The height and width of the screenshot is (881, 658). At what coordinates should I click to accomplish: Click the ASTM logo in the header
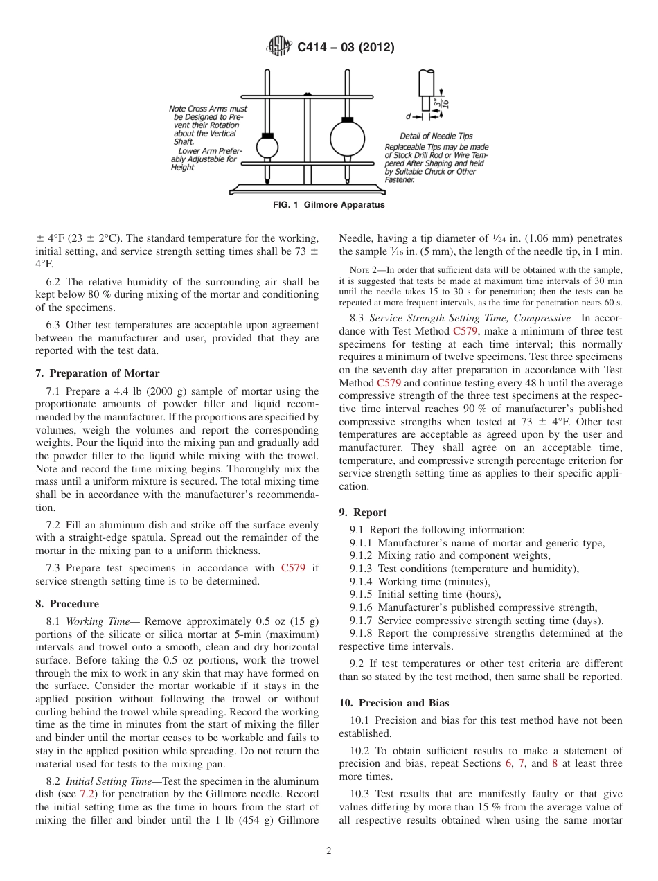point(279,47)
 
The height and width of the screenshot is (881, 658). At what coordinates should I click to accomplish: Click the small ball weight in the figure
point(267,147)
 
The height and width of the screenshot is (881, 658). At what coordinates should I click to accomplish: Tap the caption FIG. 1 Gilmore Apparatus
point(328,205)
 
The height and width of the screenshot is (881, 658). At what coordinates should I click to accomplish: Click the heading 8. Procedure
point(66,604)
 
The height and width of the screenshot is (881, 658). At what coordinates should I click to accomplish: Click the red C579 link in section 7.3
point(293,568)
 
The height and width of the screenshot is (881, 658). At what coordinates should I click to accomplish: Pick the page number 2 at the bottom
point(328,851)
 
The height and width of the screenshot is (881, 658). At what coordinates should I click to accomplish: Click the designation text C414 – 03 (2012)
point(346,48)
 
